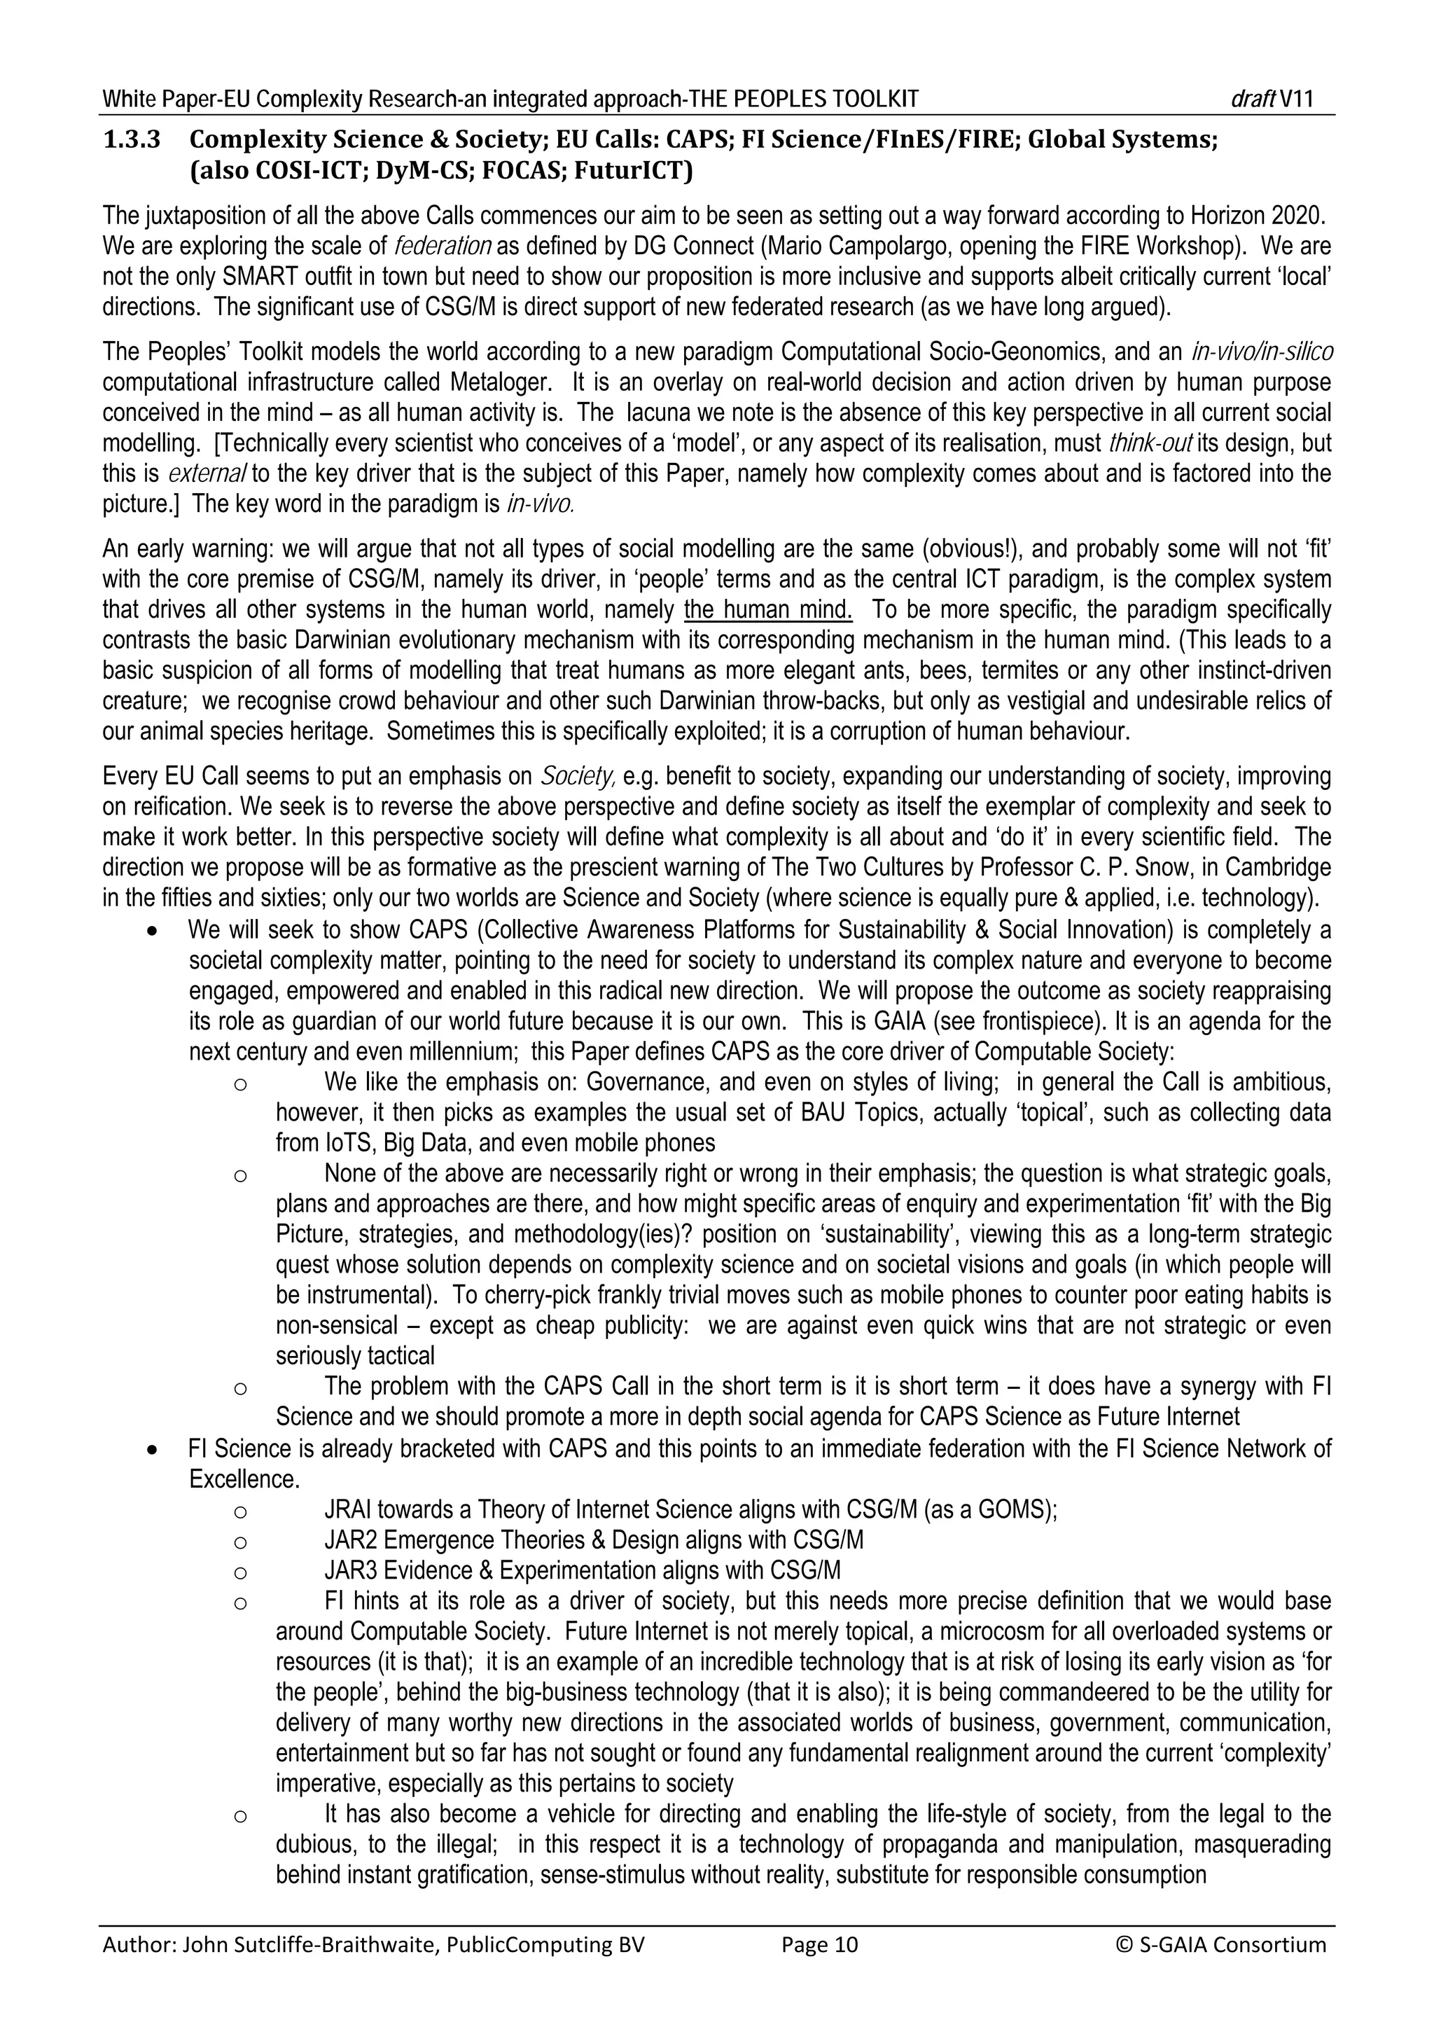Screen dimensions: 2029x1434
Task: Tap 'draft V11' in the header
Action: point(1272,99)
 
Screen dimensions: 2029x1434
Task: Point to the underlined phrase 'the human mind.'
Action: point(769,610)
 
